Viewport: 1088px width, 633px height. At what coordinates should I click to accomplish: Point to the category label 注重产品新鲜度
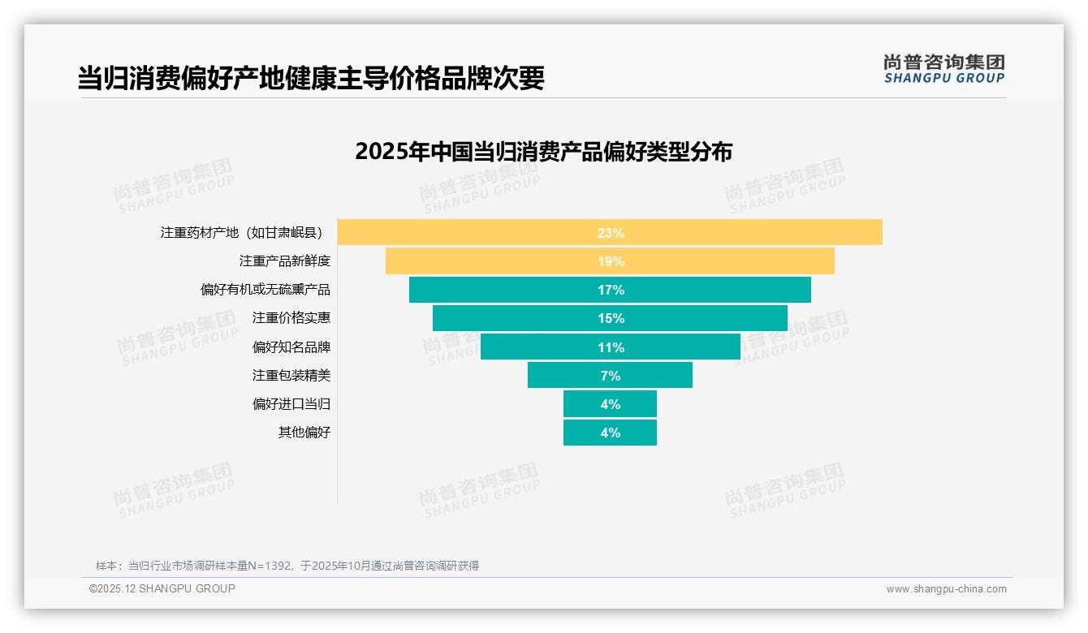284,261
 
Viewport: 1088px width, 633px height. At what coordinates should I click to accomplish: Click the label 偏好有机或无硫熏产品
266,290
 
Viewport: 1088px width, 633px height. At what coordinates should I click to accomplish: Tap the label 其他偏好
304,433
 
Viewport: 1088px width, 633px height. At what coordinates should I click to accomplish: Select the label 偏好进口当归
291,404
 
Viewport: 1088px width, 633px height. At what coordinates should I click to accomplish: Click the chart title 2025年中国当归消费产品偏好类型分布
543,152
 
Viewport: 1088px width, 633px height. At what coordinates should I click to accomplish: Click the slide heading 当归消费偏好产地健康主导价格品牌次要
311,78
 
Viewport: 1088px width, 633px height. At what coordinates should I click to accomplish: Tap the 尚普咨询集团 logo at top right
943,69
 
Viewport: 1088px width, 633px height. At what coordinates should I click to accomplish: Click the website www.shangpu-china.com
946,589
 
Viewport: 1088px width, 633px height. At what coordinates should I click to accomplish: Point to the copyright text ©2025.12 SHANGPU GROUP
162,588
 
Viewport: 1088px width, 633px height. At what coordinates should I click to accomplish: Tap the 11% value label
611,347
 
